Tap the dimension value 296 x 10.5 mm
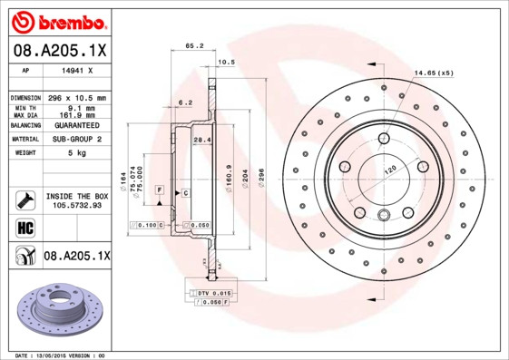click(x=76, y=97)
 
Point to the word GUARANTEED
click(x=76, y=125)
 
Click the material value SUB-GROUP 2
click(x=76, y=140)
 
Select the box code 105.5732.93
click(x=76, y=205)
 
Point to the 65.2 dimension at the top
click(x=193, y=45)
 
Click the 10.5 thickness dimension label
click(x=227, y=62)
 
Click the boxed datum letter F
click(x=159, y=189)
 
